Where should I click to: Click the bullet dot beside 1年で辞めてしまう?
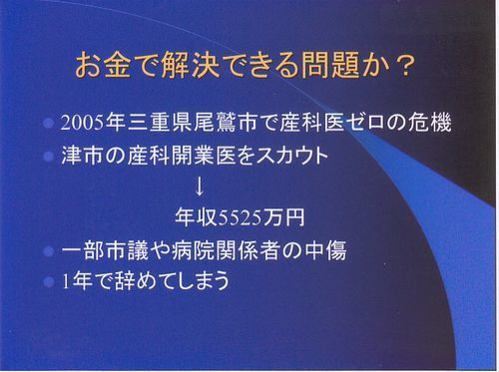pyautogui.click(x=48, y=281)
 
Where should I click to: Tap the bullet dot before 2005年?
pyautogui.click(x=48, y=124)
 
